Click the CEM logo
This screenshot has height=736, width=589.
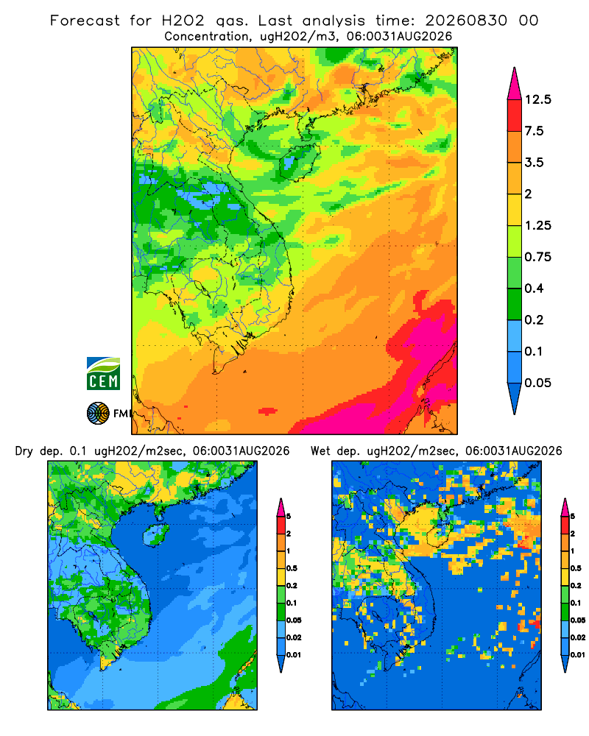click(103, 374)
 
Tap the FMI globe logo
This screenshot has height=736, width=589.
click(98, 414)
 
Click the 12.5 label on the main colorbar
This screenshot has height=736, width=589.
click(537, 99)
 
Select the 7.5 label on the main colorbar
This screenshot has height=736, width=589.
click(534, 131)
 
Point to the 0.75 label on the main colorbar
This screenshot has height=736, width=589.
click(537, 257)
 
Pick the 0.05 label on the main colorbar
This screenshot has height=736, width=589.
click(537, 383)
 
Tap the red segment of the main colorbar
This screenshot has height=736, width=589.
click(515, 116)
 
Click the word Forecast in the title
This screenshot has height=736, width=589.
click(85, 21)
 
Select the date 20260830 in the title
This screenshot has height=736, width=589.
click(466, 21)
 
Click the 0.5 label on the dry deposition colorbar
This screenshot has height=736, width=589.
click(292, 568)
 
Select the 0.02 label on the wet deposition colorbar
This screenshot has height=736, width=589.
click(578, 637)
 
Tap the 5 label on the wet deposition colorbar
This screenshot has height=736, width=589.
click(573, 517)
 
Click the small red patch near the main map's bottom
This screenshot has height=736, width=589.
click(268, 411)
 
